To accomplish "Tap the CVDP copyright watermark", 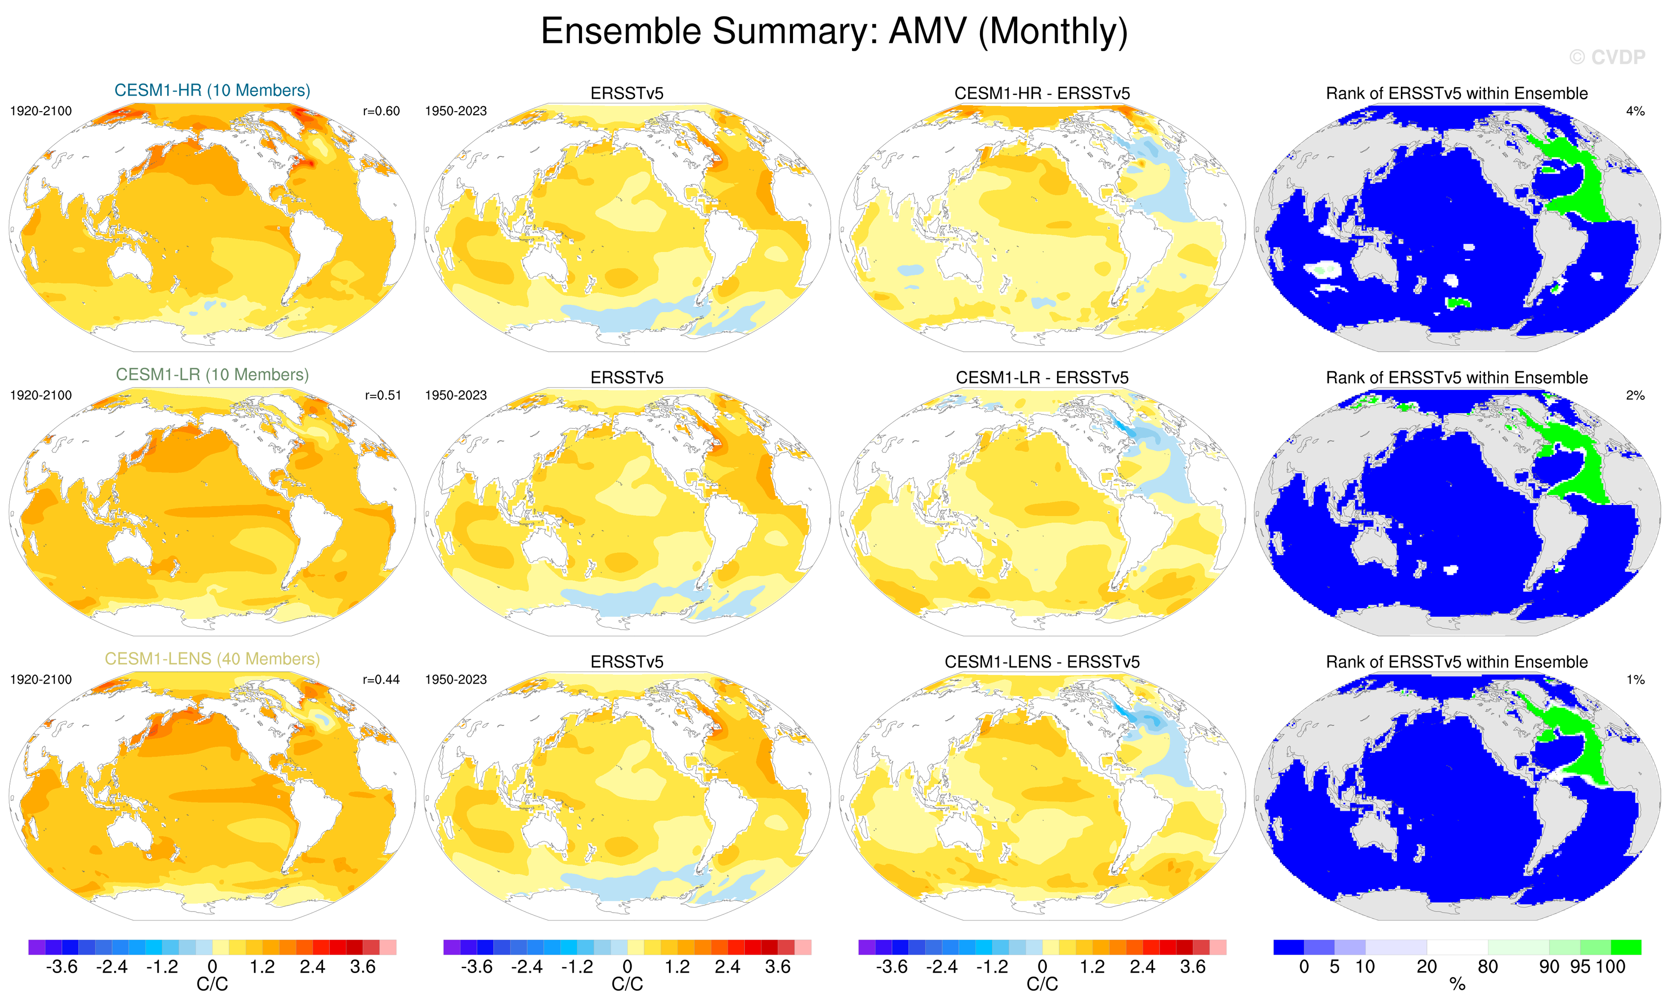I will [x=1606, y=58].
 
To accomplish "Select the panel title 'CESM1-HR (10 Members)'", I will [x=212, y=90].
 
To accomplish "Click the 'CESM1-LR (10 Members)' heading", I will [x=212, y=375].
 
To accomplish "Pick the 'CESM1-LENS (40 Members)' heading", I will [x=212, y=659].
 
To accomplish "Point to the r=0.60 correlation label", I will [x=382, y=111].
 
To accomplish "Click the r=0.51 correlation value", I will [x=383, y=395].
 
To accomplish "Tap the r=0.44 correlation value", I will [x=382, y=679].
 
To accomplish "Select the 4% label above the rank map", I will [x=1635, y=111].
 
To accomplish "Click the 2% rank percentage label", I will [x=1635, y=395].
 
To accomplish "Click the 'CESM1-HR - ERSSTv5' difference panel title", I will [x=1042, y=93].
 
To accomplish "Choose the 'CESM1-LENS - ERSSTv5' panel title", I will [x=1042, y=662].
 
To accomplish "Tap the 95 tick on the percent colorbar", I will [x=1580, y=967].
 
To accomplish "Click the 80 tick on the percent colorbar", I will [x=1488, y=967].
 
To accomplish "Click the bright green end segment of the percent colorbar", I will [x=1626, y=947].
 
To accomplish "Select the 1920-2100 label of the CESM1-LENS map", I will [x=41, y=679].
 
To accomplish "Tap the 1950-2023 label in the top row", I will [x=455, y=111].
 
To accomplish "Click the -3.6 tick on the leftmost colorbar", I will [x=61, y=967].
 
